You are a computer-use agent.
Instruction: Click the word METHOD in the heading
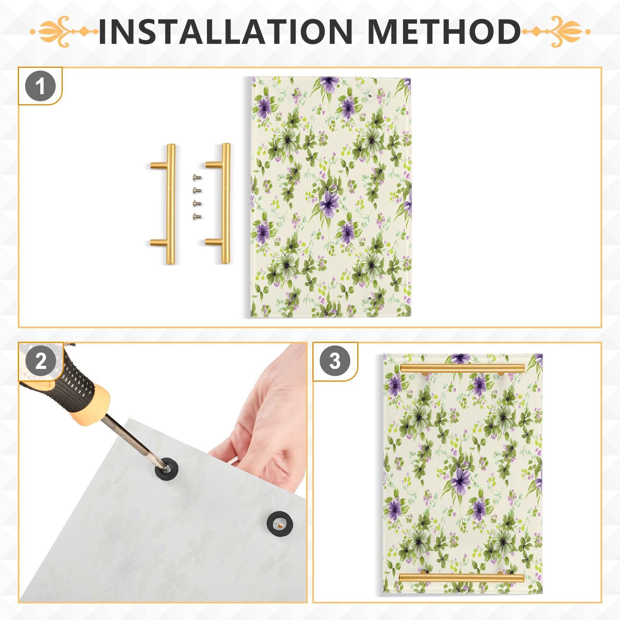(444, 31)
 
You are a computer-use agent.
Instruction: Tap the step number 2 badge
(41, 362)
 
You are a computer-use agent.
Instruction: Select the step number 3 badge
(335, 362)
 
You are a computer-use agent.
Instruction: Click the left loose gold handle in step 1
(169, 204)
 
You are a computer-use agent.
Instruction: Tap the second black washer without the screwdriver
(279, 523)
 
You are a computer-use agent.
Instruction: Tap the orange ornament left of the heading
(64, 31)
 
